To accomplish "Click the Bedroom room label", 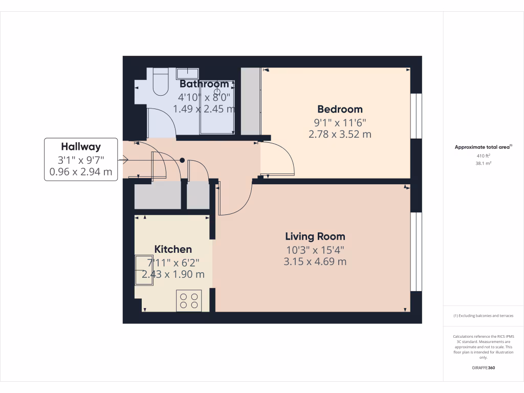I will tap(340, 109).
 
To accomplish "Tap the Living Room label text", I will tap(315, 236).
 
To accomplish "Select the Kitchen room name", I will tap(173, 249).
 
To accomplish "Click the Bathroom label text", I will tap(204, 84).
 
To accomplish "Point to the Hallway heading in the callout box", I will tap(81, 147).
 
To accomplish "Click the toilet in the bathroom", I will tap(161, 82).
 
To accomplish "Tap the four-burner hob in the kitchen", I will tap(189, 300).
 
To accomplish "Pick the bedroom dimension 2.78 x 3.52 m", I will tap(340, 135).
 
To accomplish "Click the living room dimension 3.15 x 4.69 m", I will tap(315, 261).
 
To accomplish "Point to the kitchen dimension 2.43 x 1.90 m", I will tap(173, 274).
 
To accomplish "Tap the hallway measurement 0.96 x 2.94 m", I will tap(81, 172).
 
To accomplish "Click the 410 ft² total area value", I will tap(484, 156).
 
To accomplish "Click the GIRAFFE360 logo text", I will tap(484, 368).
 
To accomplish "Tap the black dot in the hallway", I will tap(182, 160).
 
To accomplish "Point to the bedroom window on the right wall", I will tap(417, 116).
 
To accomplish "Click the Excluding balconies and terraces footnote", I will tap(484, 316).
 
